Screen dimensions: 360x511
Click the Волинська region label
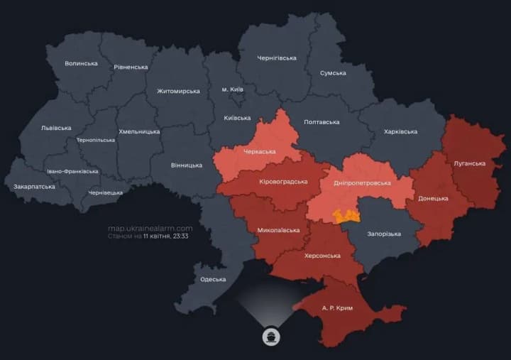(81, 63)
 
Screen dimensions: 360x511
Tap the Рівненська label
(131, 67)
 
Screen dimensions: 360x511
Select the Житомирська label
(178, 91)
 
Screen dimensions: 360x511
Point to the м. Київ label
(232, 89)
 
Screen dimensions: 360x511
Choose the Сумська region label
(333, 72)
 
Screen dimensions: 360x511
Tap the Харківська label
(400, 131)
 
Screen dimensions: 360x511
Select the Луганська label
(469, 163)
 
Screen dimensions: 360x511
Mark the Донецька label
(432, 198)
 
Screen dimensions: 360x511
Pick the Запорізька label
(384, 234)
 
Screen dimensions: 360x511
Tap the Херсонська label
(322, 255)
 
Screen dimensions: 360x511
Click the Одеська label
(213, 279)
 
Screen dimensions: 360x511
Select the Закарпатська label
(34, 187)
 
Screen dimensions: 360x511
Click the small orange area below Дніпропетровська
(347, 215)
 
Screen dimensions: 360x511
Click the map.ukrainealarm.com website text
(150, 228)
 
